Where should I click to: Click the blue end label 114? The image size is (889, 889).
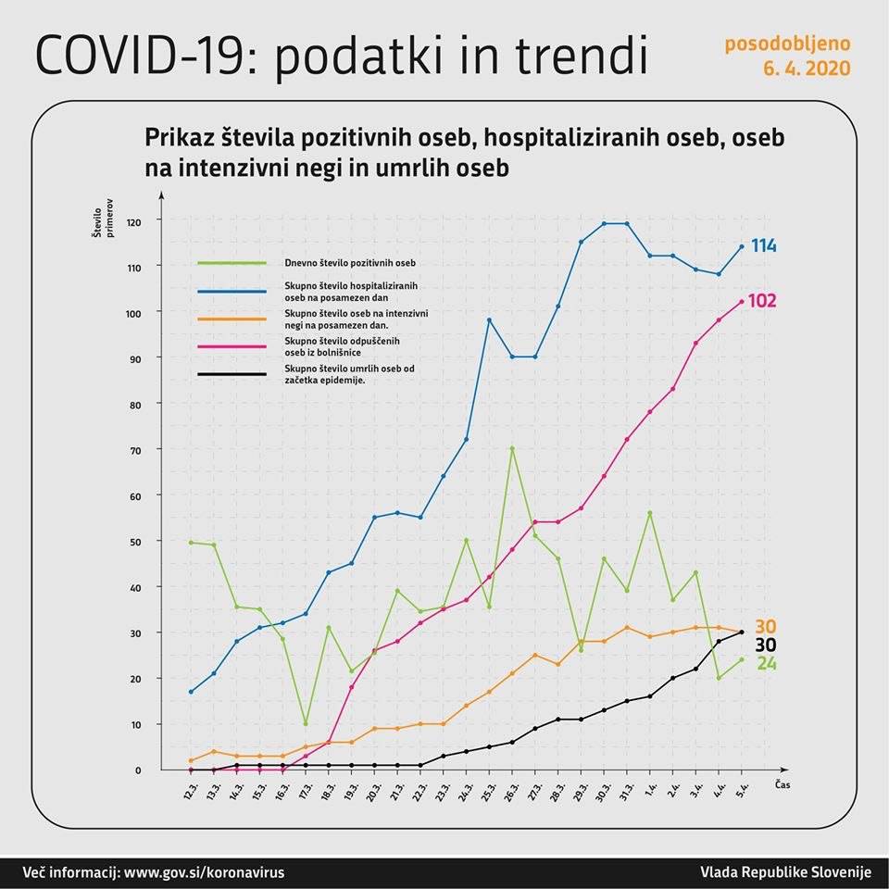pyautogui.click(x=763, y=246)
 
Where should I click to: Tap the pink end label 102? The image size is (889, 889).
pyautogui.click(x=762, y=301)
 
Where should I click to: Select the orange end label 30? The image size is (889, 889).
pyautogui.click(x=765, y=626)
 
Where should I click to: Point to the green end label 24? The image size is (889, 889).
pyautogui.click(x=767, y=663)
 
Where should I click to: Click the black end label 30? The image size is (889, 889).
pyautogui.click(x=765, y=645)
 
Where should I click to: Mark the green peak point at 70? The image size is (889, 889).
pyautogui.click(x=512, y=449)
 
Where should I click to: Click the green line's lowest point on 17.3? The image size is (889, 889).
pyautogui.click(x=306, y=724)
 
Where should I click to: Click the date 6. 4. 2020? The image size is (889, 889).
pyautogui.click(x=808, y=69)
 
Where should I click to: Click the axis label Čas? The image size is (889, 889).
pyautogui.click(x=782, y=784)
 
